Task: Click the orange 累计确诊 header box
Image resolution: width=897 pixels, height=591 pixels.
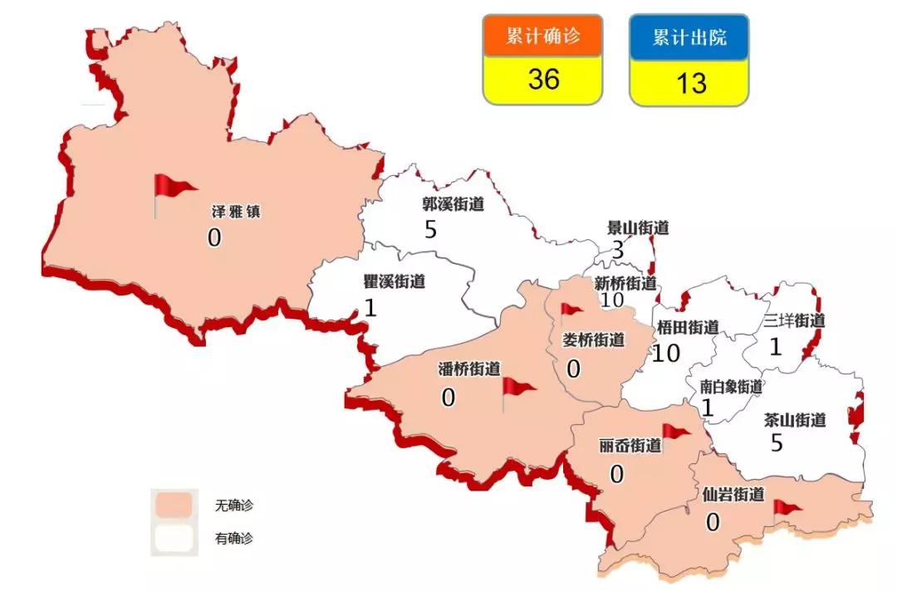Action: click(542, 37)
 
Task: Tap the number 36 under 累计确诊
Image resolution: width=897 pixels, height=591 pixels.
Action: click(543, 80)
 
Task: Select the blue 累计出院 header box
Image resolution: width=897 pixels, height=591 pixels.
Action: click(689, 37)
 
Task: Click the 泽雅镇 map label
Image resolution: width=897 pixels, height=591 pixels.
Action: click(236, 212)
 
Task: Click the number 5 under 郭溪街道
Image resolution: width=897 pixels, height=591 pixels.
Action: click(430, 229)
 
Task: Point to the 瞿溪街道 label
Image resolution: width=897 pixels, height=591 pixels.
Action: click(394, 281)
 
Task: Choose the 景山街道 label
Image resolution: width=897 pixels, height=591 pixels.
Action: click(638, 227)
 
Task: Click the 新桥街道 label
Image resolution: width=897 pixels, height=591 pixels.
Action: click(625, 283)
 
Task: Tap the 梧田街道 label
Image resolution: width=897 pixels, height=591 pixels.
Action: click(687, 327)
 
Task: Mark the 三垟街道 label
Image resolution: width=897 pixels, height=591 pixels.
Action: click(795, 320)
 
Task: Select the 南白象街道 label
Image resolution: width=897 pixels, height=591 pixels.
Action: click(731, 386)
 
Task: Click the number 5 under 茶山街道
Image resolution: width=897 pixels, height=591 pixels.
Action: click(777, 443)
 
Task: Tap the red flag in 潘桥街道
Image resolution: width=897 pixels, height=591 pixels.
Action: click(517, 387)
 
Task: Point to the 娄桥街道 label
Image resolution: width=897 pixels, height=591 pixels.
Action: click(594, 339)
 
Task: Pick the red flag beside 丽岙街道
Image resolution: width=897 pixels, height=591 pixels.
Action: click(674, 432)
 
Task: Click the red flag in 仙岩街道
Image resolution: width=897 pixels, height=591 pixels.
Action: click(786, 507)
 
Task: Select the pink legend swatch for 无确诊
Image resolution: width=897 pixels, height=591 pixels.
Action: click(173, 505)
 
